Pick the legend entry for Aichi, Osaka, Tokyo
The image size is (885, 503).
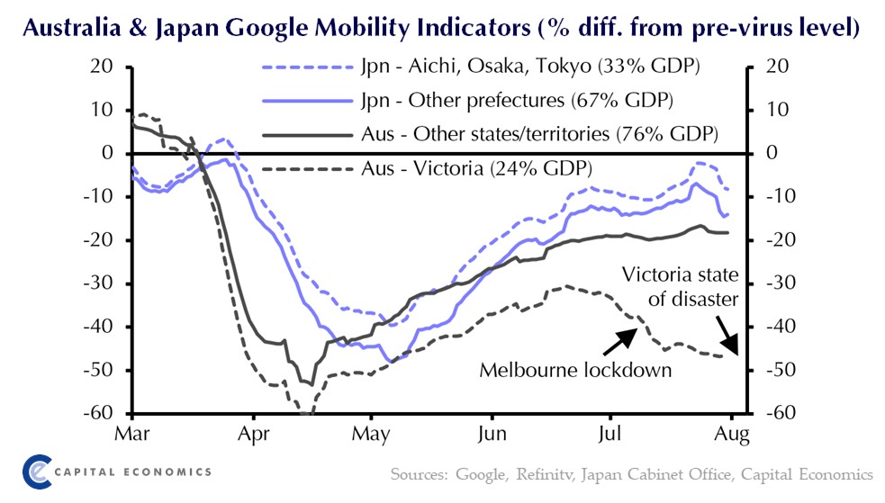tap(531, 66)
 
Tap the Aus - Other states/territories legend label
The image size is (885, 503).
tap(538, 134)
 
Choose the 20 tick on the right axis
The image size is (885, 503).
tap(777, 67)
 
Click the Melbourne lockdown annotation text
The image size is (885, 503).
tap(575, 371)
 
